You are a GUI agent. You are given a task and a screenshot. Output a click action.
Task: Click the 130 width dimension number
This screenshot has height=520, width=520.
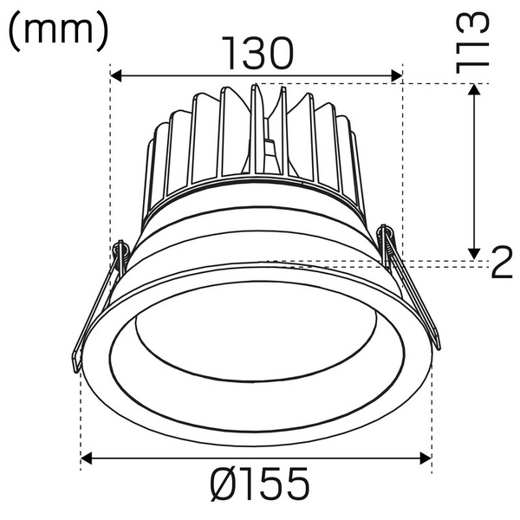tap(258, 54)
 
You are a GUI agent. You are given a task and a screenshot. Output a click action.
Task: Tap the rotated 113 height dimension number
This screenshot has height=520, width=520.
tap(477, 41)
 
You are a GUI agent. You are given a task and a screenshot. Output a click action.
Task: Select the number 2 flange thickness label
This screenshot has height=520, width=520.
tap(502, 263)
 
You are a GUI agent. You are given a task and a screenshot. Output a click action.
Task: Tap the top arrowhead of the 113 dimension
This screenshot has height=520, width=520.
tap(475, 90)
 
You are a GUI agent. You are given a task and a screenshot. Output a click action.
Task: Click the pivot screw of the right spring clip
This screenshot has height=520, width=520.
tap(387, 234)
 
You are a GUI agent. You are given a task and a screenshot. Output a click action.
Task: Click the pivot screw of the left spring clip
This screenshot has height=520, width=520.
tap(120, 250)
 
